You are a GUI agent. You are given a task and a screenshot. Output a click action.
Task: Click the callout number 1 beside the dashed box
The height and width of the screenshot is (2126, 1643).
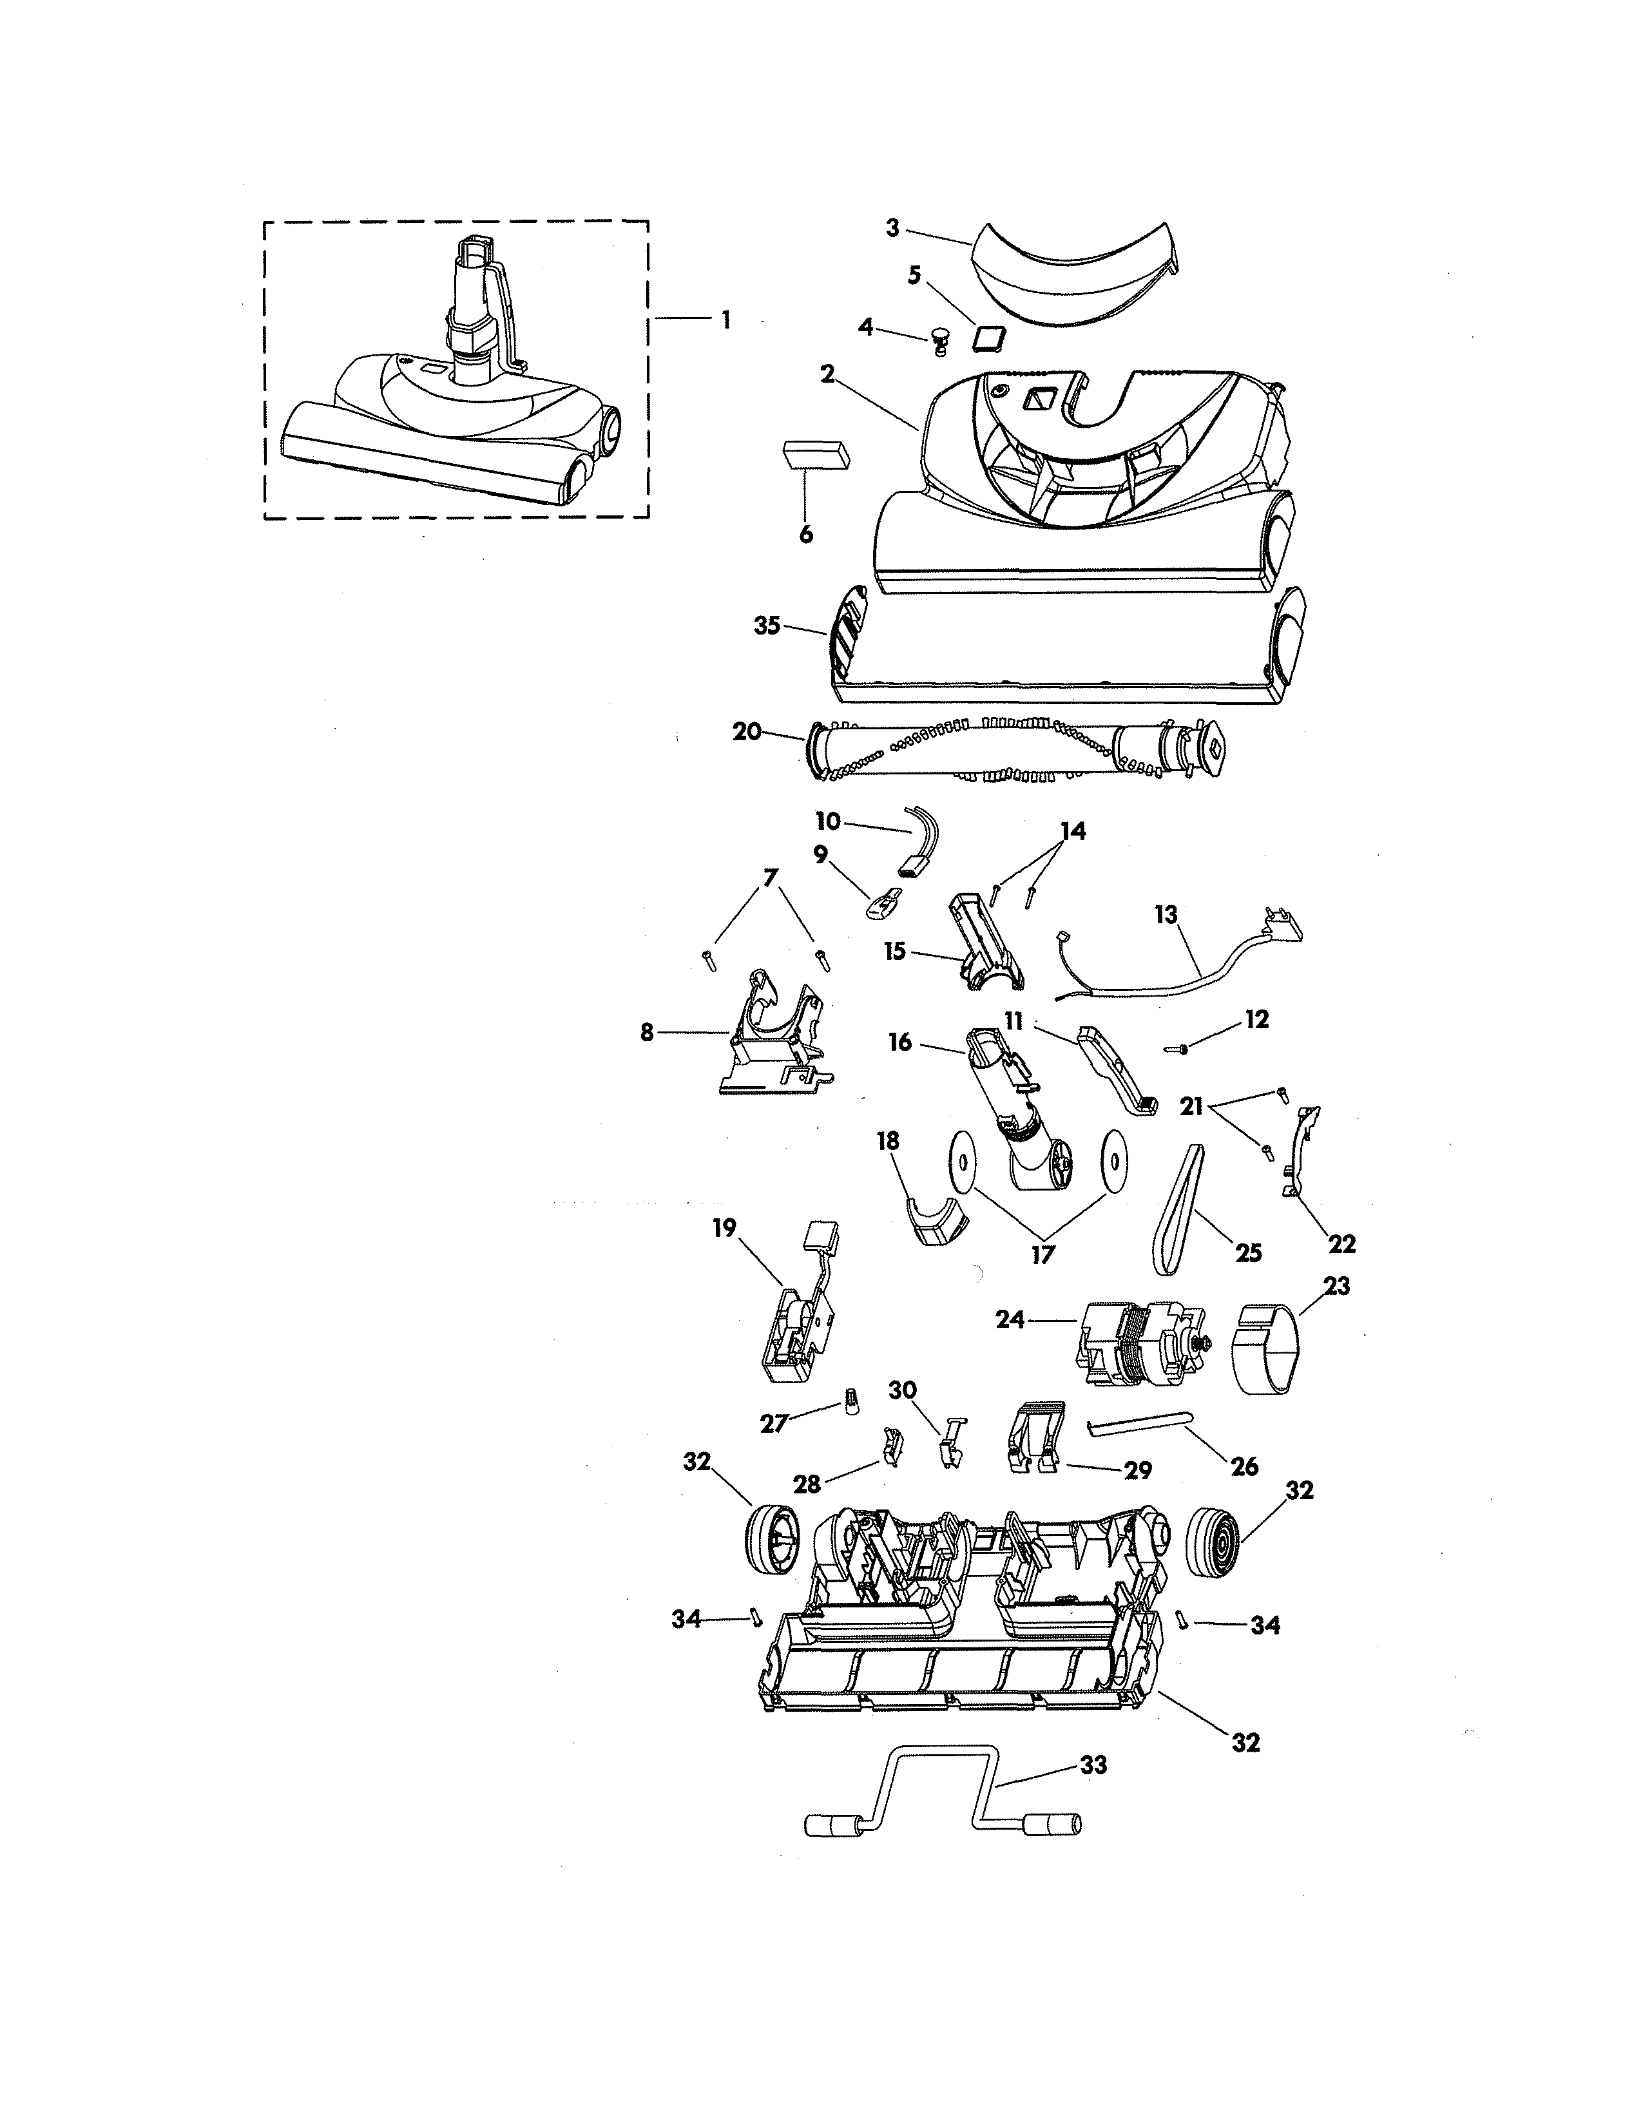point(725,320)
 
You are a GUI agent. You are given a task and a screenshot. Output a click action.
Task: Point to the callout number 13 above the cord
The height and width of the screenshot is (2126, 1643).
point(1166,915)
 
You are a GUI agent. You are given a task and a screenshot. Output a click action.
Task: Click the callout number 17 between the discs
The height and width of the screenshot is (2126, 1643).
point(1042,1256)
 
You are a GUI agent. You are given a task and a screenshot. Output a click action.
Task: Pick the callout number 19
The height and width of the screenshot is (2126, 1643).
point(724,1229)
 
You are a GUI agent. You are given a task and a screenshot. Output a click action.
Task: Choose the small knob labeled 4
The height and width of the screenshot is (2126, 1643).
point(940,340)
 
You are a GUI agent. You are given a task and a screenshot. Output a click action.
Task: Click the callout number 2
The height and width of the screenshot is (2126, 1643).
point(827,374)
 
